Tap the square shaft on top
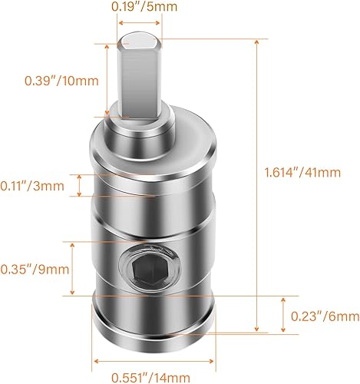pyautogui.click(x=139, y=77)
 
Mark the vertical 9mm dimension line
pyautogui.click(x=74, y=268)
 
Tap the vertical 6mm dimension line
pyautogui.click(x=279, y=315)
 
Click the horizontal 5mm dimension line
pyautogui.click(x=139, y=23)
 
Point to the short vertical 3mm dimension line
pyautogui.click(x=79, y=185)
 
